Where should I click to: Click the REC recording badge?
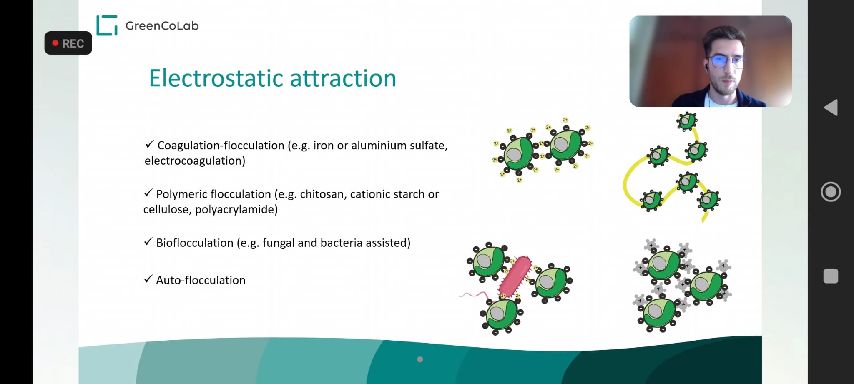click(68, 43)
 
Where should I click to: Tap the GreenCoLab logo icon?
click(107, 25)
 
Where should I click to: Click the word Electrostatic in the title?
click(217, 78)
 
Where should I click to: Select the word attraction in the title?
click(343, 78)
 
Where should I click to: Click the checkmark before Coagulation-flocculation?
click(150, 144)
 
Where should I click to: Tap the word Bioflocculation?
click(195, 243)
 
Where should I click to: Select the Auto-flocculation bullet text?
click(201, 280)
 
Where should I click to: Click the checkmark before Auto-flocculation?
click(148, 279)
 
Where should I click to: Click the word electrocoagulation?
click(195, 161)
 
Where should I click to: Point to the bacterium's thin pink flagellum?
click(475, 295)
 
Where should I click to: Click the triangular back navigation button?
click(831, 108)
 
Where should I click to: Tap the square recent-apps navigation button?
click(831, 276)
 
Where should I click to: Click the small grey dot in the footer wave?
click(420, 359)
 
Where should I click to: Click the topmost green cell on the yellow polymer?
click(687, 121)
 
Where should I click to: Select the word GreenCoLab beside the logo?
click(162, 26)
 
